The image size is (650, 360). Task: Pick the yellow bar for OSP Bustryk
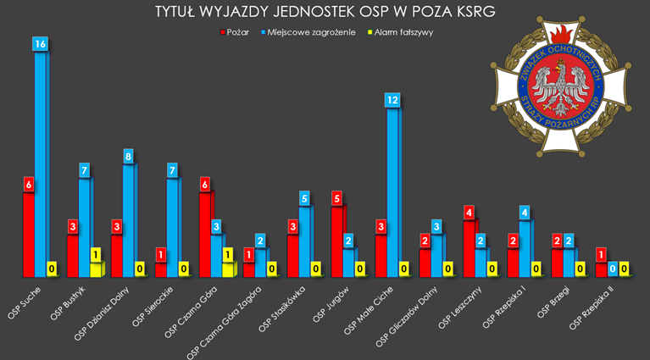[x=96, y=269]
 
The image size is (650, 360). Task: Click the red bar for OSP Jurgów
[x=337, y=241]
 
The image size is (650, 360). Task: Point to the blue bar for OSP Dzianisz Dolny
[x=128, y=220]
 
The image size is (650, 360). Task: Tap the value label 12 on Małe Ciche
[x=392, y=100]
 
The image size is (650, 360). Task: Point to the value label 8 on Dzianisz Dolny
[x=129, y=157]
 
